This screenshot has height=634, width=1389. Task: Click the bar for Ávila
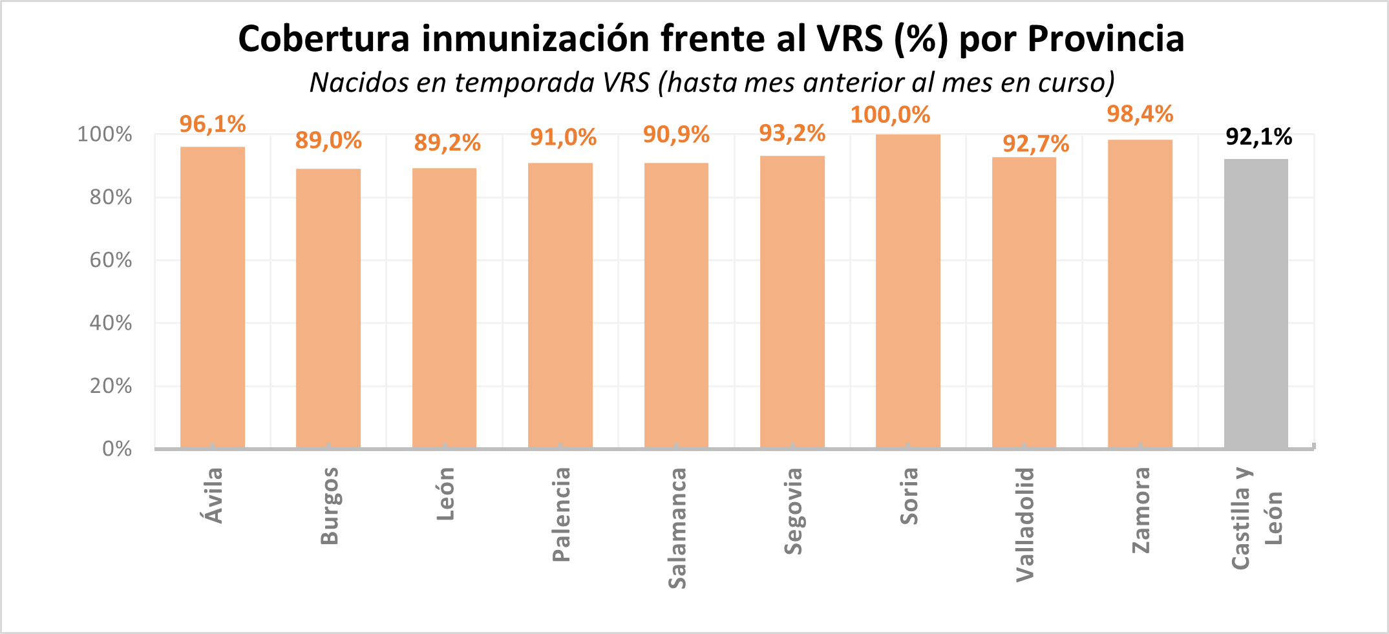[212, 297]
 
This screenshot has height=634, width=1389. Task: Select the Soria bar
[907, 291]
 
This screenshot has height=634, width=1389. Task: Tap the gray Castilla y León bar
[1255, 304]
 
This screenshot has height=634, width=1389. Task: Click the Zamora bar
[1140, 294]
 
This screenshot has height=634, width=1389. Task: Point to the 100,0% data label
[890, 115]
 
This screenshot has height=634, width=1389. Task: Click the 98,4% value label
[1140, 114]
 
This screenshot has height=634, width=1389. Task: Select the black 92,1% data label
[1258, 137]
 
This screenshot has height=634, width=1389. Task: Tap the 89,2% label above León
[447, 143]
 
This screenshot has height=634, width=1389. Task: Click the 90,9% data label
[676, 135]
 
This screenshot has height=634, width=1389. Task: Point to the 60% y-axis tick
[111, 260]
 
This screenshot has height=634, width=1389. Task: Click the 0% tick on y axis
[117, 449]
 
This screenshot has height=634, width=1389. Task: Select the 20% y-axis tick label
[111, 386]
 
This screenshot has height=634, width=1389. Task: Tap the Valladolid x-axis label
[1024, 524]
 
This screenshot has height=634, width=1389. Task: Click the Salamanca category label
[677, 528]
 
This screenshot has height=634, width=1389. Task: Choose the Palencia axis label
[561, 514]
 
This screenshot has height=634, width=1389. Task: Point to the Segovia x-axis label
[792, 511]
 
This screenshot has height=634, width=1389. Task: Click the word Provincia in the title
[1105, 39]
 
